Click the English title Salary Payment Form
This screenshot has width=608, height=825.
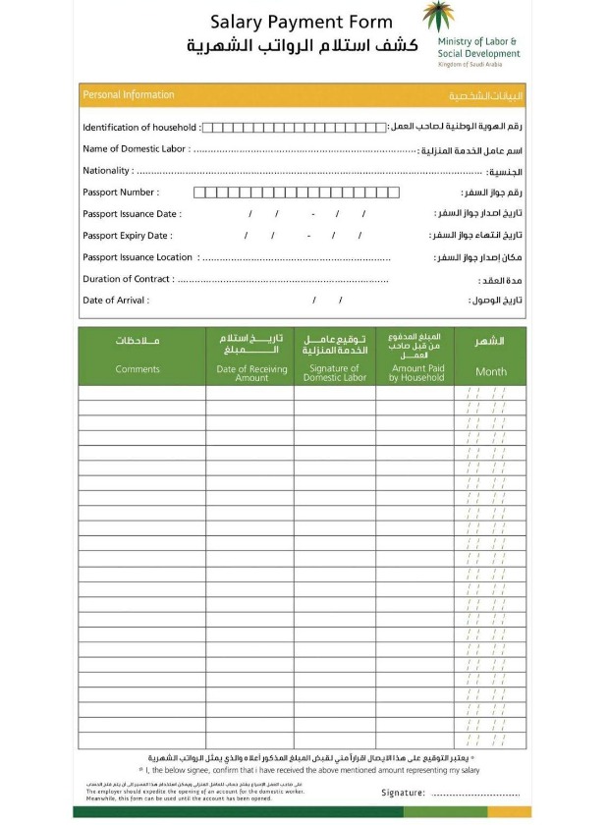[x=301, y=22]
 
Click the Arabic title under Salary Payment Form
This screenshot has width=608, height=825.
[x=302, y=47]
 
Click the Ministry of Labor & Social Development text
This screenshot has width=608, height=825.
[x=479, y=48]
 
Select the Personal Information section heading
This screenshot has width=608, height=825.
[x=129, y=95]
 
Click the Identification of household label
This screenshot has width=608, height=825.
[x=140, y=128]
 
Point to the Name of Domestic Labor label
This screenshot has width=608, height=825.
[x=136, y=149]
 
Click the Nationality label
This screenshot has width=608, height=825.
[x=107, y=171]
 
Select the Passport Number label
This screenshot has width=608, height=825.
[x=120, y=192]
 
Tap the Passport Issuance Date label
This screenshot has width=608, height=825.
[x=132, y=214]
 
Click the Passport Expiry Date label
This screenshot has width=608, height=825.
[x=128, y=236]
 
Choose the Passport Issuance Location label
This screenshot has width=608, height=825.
[x=138, y=257]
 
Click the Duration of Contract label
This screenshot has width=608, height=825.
[x=128, y=279]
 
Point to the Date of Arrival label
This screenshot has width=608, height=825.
[x=115, y=301]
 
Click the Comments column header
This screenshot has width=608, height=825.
[x=138, y=370]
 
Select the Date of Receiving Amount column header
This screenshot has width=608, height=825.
[x=250, y=373]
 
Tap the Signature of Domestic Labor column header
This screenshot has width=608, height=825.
[x=334, y=373]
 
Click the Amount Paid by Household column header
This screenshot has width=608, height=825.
[x=415, y=373]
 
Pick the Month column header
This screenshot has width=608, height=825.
[x=491, y=372]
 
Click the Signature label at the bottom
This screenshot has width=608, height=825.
[x=403, y=793]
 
